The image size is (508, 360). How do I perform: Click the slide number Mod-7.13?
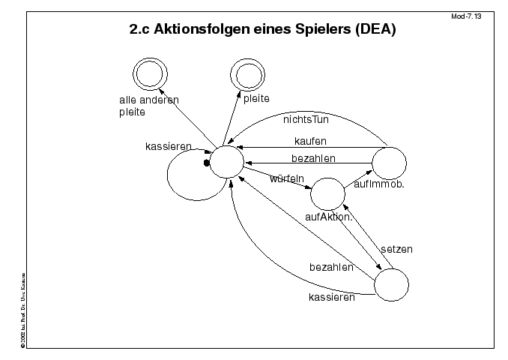(x=468, y=16)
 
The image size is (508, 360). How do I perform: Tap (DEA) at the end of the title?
(x=372, y=31)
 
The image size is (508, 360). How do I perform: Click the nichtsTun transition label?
(x=306, y=118)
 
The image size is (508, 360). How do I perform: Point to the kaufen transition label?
(x=310, y=140)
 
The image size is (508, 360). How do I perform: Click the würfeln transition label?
(x=285, y=178)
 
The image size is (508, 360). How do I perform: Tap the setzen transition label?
(x=396, y=248)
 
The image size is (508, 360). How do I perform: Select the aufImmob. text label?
(x=378, y=184)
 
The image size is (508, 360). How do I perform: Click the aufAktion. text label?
(x=329, y=217)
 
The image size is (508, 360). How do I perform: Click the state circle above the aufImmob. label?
(x=389, y=163)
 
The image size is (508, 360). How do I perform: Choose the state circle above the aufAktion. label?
(x=327, y=193)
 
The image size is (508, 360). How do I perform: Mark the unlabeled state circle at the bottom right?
(x=391, y=286)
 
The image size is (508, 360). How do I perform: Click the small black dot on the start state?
(x=206, y=162)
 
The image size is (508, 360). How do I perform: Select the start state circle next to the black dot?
(x=226, y=161)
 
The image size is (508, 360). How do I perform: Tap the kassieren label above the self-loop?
(x=168, y=145)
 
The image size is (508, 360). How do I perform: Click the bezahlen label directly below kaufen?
(x=313, y=157)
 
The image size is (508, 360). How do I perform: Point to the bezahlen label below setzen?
(x=331, y=267)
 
